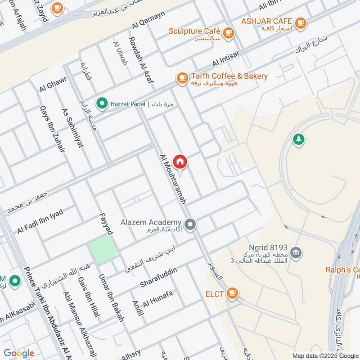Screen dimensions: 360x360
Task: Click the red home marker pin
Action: tap(180, 162)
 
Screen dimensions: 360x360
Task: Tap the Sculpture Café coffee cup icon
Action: tap(229, 32)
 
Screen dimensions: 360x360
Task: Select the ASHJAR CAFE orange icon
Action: tap(300, 22)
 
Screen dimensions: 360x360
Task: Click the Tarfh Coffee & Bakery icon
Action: tap(182, 78)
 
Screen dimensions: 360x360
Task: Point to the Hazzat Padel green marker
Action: tap(102, 104)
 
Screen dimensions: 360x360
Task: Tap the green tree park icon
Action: tap(298, 139)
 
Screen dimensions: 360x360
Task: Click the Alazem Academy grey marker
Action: tap(191, 224)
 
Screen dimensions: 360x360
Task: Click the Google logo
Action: tap(19, 353)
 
